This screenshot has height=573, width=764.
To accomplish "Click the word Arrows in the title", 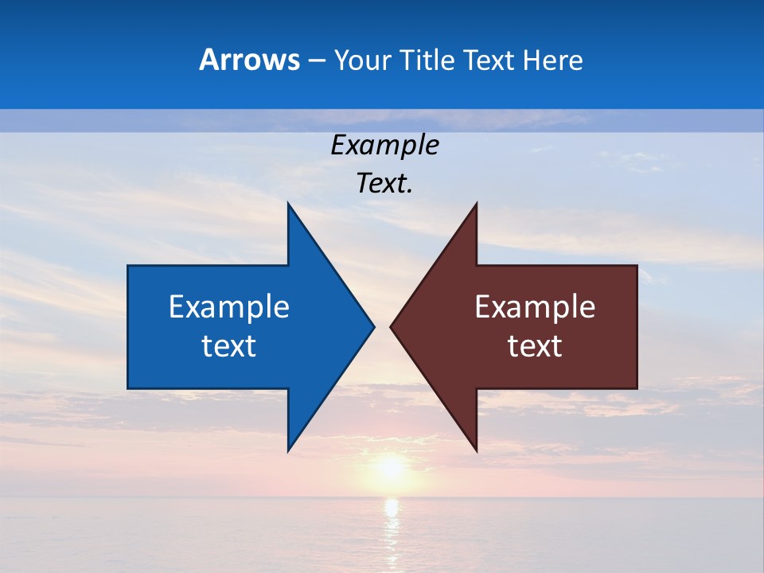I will (249, 60).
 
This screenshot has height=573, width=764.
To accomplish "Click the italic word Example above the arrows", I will (384, 145).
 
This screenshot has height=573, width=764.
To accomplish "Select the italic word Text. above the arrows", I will (384, 183).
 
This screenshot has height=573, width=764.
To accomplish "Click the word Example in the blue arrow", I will (229, 306).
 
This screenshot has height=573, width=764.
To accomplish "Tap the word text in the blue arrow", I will (229, 346).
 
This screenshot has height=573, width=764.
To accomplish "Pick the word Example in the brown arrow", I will (535, 306).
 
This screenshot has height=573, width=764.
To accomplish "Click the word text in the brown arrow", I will (535, 346).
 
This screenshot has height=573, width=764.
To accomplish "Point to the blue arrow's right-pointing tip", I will (372, 326).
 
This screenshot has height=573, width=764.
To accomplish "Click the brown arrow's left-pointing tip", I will (392, 326).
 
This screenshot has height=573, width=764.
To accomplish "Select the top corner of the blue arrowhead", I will (289, 205).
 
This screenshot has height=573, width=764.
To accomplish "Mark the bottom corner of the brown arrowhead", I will (476, 450).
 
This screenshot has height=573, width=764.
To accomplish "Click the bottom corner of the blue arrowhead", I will (289, 450).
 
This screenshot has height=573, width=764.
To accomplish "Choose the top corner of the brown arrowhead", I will (476, 205).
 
